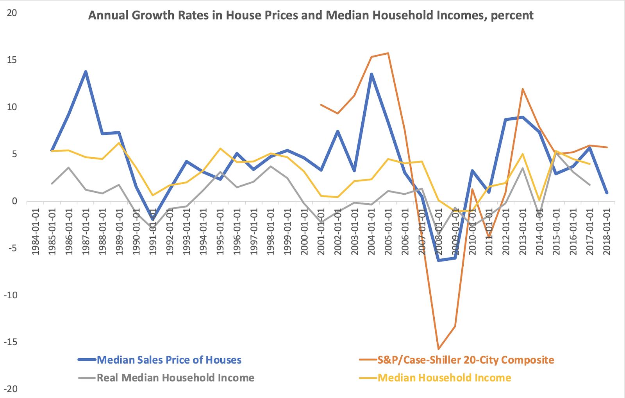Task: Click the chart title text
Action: click(x=311, y=15)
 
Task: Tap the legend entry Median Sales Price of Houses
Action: click(x=169, y=360)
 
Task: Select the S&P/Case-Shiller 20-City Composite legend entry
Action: click(x=465, y=360)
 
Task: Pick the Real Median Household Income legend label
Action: click(x=175, y=378)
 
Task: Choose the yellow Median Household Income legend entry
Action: click(x=444, y=378)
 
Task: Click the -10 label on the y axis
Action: click(x=11, y=295)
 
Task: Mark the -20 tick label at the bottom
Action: click(x=11, y=389)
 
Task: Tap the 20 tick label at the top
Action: click(x=12, y=13)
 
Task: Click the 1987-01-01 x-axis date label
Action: click(x=86, y=231)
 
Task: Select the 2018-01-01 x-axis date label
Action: click(x=607, y=231)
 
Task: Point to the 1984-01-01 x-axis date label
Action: click(x=36, y=231)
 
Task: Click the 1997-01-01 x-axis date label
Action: click(x=254, y=231)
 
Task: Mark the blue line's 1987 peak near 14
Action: click(x=86, y=72)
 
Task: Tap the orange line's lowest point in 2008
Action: click(x=438, y=349)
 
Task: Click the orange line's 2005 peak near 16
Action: click(x=388, y=53)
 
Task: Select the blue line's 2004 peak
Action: click(x=371, y=74)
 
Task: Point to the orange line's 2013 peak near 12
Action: click(x=522, y=89)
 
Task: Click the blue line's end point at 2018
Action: click(x=607, y=193)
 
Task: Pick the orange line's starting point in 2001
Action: click(x=321, y=105)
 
